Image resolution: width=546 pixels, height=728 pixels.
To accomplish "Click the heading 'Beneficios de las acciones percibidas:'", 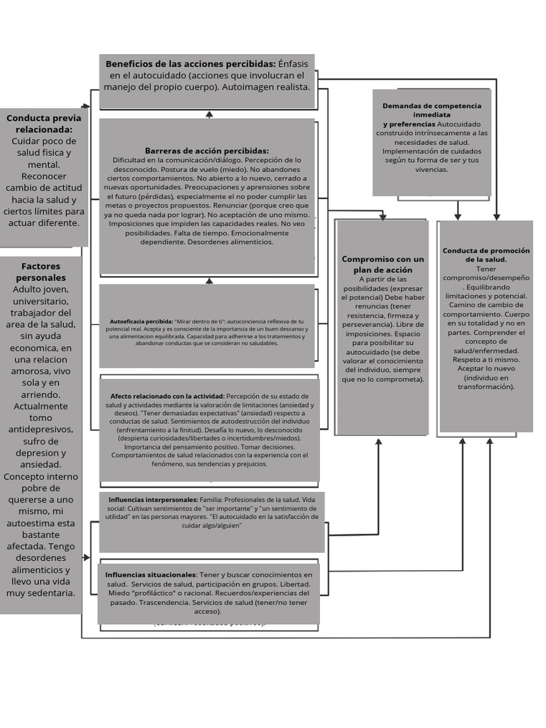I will [191, 63].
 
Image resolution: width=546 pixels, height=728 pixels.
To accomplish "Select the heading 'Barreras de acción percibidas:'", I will [207, 151].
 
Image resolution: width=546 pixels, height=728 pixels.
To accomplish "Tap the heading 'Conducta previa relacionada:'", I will [44, 124].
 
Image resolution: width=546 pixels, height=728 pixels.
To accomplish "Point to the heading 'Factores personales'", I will [41, 272].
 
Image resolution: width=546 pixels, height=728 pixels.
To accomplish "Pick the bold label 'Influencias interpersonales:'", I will [153, 500].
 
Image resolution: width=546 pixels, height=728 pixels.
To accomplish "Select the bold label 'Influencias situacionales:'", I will [151, 574].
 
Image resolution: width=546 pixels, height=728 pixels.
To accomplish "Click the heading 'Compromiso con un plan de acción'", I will [382, 264].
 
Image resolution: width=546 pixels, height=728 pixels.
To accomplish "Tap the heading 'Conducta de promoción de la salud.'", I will [486, 255].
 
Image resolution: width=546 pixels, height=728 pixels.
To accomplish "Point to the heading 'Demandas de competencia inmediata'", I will [432, 109].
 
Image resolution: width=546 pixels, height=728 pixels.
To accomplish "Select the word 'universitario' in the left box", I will [41, 301].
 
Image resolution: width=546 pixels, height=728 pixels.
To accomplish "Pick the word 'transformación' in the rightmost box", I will [486, 387].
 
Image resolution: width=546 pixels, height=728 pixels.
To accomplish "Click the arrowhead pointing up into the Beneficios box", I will [209, 113].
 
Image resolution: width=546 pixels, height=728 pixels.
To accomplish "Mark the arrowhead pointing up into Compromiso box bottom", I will [378, 441].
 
